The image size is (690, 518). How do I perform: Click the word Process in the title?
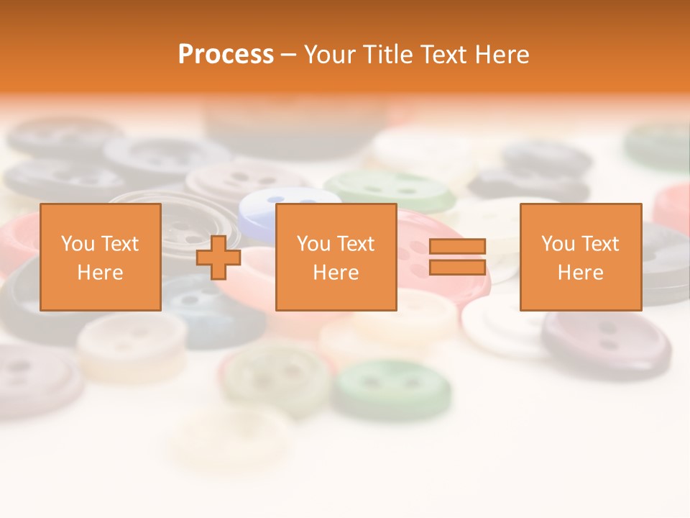pyautogui.click(x=226, y=55)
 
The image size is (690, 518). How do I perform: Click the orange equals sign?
pyautogui.click(x=457, y=257)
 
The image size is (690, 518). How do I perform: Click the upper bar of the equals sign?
pyautogui.click(x=457, y=247)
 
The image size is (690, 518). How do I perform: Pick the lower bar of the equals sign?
pyautogui.click(x=457, y=267)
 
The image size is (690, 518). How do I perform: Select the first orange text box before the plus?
pyautogui.click(x=101, y=257)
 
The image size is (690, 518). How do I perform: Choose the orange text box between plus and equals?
pyautogui.click(x=336, y=257)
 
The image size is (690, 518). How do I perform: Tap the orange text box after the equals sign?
pyautogui.click(x=580, y=257)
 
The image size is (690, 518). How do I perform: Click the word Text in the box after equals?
pyautogui.click(x=600, y=244)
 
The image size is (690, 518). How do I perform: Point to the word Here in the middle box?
pyautogui.click(x=336, y=272)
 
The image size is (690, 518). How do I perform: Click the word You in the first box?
pyautogui.click(x=76, y=244)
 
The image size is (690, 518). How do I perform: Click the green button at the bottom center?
pyautogui.click(x=392, y=388)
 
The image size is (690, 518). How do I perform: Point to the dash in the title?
pyautogui.click(x=289, y=55)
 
